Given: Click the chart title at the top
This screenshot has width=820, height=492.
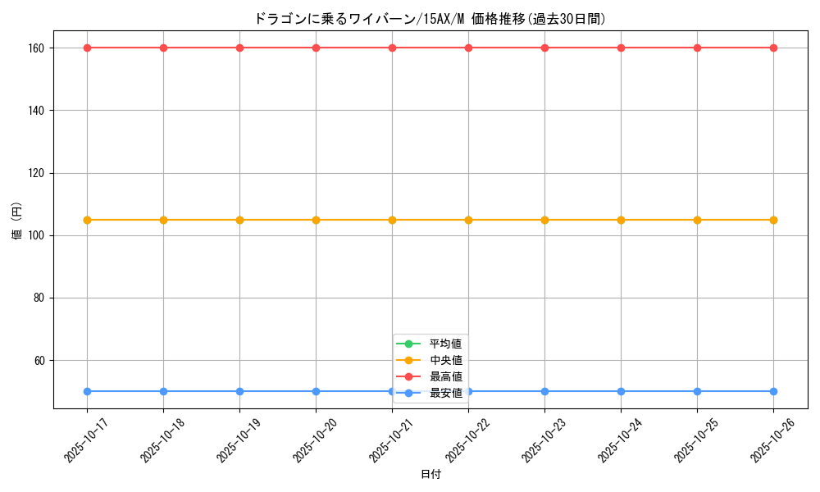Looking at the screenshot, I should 430,19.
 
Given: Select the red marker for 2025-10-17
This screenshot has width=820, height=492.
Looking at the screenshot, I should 87,48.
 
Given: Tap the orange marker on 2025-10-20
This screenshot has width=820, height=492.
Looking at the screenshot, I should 316,220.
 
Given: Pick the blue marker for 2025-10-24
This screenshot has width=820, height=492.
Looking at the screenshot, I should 621,391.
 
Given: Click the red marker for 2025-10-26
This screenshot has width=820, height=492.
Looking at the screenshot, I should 773,48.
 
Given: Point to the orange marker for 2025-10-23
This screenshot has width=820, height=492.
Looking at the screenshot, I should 544,220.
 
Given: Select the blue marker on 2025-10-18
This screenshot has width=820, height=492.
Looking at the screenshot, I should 163,391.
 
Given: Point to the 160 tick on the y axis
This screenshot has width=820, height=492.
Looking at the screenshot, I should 39,48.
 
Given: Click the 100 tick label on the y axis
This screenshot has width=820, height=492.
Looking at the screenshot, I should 39,235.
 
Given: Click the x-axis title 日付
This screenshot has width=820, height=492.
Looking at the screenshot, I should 430,475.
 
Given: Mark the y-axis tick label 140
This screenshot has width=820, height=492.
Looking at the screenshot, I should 39,111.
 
